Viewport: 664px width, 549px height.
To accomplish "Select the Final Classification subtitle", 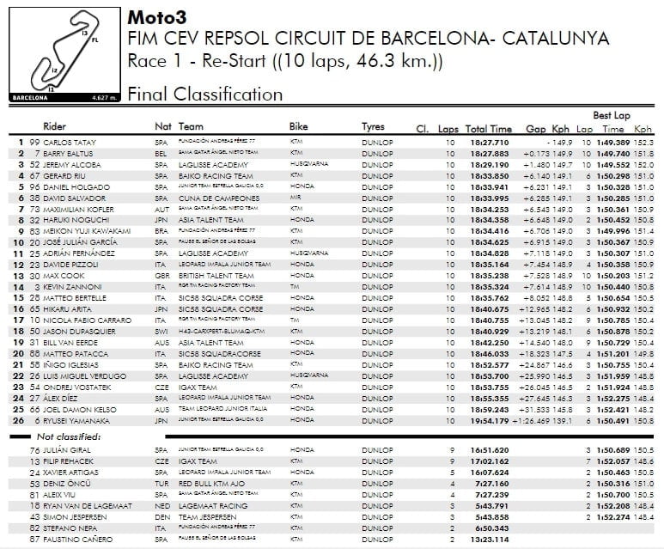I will click(x=204, y=95).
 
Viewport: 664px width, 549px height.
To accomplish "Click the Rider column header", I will click(x=55, y=126).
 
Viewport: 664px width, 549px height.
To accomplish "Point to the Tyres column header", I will click(x=373, y=126).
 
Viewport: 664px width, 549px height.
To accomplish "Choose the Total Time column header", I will click(x=489, y=127).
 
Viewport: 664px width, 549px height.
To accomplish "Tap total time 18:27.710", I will click(x=490, y=142).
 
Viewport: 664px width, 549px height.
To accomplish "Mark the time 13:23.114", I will click(x=490, y=539).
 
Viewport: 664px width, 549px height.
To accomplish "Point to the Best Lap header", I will click(x=611, y=115).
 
